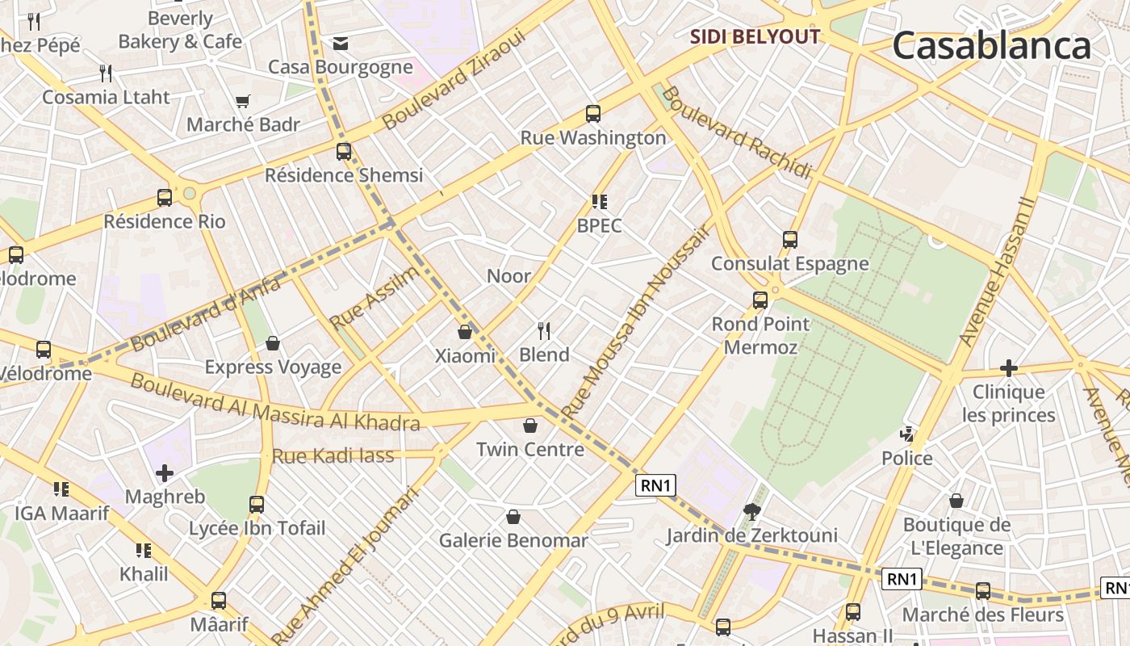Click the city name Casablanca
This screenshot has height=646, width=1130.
point(991,46)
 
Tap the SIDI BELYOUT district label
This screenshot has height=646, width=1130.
point(755,36)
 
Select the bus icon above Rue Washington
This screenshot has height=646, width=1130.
point(593,114)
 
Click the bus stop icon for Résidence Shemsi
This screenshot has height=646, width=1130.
point(344,151)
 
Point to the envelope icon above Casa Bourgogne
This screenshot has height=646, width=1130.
point(341,43)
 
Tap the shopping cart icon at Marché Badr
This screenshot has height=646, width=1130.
point(243,101)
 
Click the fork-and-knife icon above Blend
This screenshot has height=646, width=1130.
point(544,330)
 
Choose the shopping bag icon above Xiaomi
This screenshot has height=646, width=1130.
point(465,331)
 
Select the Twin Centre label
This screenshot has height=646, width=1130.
point(529,449)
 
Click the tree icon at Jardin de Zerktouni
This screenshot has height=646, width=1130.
point(751,511)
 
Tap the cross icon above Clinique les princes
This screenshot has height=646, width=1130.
point(1008,368)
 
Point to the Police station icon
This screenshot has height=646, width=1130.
point(907,434)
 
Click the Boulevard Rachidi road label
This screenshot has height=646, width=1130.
point(735,133)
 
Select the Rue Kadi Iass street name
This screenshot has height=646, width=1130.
point(333,455)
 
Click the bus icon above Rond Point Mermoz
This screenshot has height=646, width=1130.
point(760,300)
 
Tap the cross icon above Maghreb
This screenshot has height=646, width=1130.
point(165,472)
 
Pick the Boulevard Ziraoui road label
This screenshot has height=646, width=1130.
point(454,80)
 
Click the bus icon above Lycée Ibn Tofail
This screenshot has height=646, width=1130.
point(257,505)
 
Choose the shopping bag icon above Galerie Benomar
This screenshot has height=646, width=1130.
point(513,517)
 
